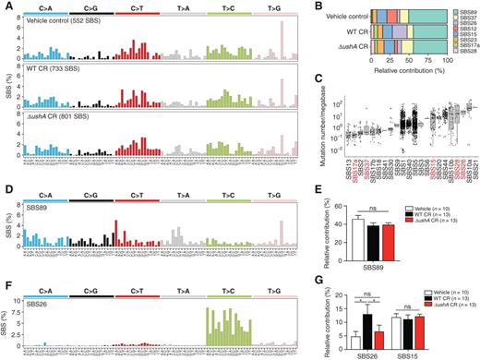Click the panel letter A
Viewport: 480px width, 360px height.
point(6,6)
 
